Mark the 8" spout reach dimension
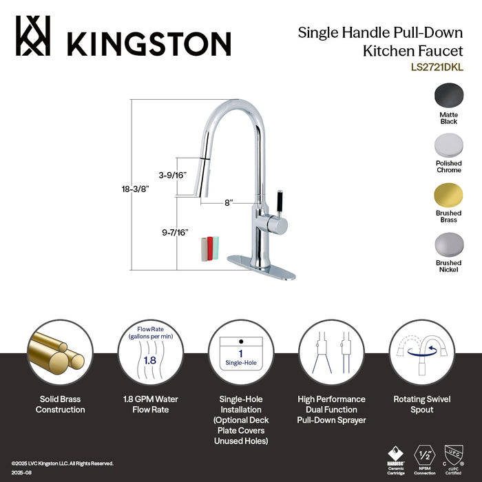227,202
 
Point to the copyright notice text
62,463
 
